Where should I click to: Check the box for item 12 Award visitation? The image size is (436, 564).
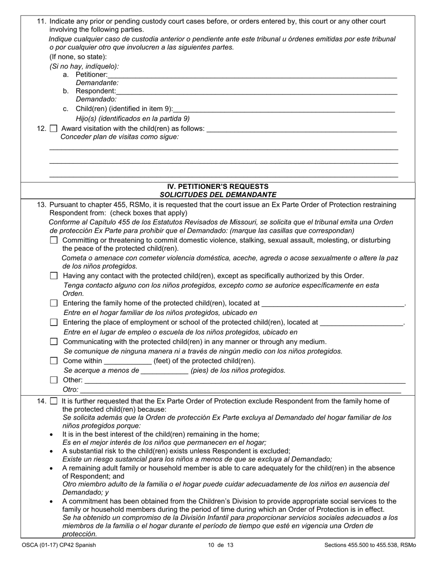point(53,129)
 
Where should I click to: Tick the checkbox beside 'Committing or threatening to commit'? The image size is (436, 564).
point(54,240)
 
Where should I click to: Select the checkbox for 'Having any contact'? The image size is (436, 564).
point(54,276)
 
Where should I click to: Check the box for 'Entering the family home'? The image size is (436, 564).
point(54,304)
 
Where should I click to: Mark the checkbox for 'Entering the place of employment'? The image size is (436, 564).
point(54,323)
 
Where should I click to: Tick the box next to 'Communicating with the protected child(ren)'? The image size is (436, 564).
point(54,342)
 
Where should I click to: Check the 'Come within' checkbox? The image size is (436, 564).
point(54,361)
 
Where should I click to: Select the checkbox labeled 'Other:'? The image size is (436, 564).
point(54,380)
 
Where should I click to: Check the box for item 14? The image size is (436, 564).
point(53,401)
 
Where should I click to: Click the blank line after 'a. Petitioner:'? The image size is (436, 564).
point(252,75)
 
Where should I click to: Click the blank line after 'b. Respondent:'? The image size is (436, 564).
point(257,91)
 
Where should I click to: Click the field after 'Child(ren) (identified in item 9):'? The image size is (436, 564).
point(285,109)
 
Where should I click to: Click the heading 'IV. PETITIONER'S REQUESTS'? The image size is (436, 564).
point(218,187)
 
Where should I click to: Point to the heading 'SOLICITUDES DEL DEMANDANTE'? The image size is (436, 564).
point(218,194)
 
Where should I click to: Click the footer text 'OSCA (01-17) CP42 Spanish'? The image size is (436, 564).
point(59,545)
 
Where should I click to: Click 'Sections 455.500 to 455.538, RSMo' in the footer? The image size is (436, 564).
point(370,545)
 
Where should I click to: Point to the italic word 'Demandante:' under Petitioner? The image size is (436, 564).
point(97,83)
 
